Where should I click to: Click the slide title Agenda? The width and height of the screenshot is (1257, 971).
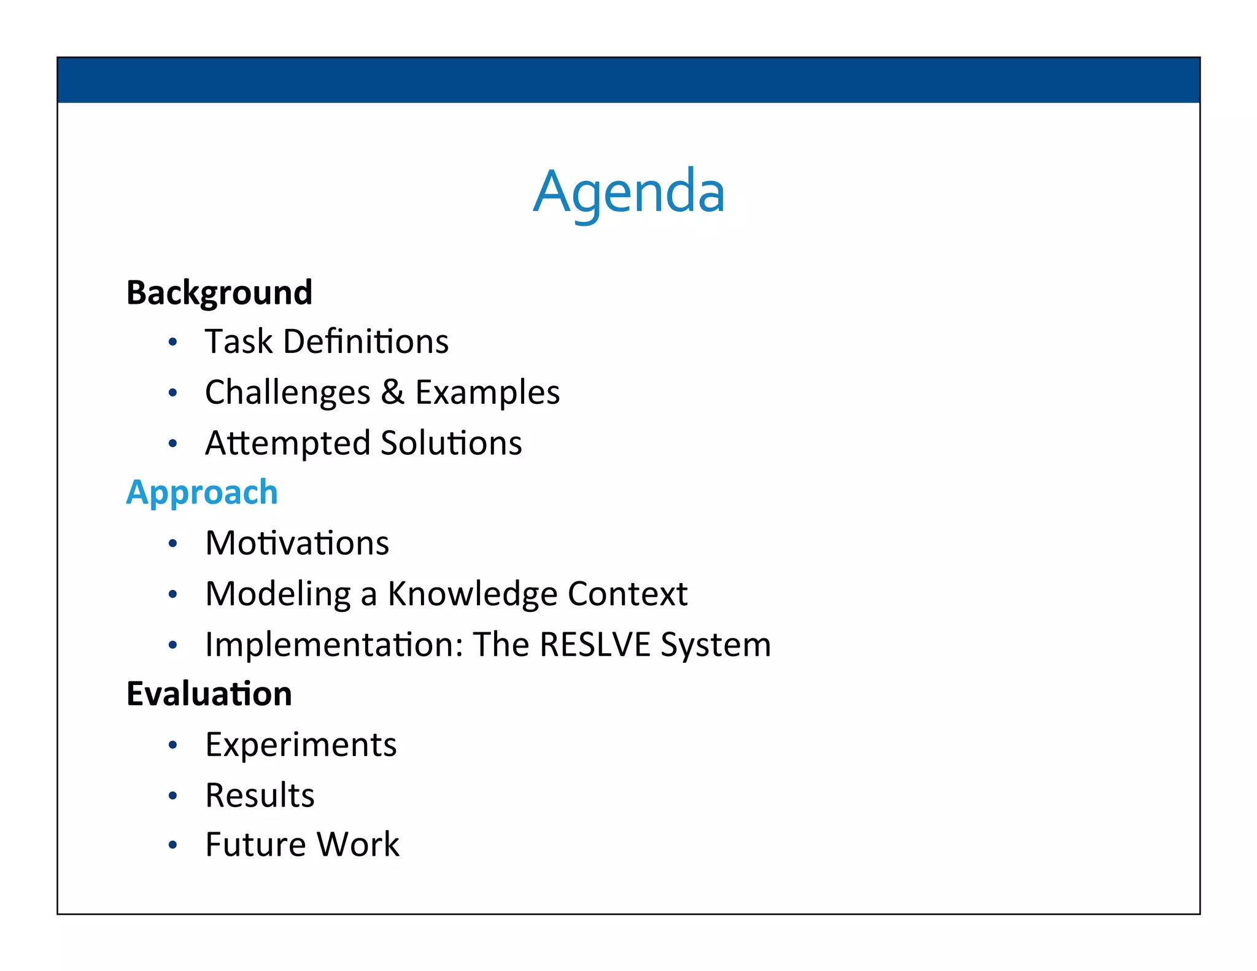[628, 191]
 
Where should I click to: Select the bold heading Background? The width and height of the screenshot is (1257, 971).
[219, 293]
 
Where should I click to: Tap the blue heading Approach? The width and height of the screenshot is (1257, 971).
[202, 493]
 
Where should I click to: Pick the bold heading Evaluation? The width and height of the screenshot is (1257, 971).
[209, 694]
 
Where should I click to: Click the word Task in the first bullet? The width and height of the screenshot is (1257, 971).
[238, 342]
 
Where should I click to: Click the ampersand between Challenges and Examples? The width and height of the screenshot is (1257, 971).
[392, 392]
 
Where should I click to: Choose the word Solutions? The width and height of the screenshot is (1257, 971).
[451, 443]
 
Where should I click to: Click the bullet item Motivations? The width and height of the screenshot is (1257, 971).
[297, 543]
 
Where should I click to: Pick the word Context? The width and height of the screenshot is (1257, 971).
[627, 594]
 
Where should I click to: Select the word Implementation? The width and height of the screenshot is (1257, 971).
[334, 645]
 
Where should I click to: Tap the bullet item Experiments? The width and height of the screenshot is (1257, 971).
[301, 745]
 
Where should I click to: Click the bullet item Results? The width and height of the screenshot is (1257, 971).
[260, 795]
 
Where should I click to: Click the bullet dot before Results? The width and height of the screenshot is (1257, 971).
[173, 796]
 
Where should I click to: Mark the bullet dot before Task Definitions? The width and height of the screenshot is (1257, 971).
[173, 342]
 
